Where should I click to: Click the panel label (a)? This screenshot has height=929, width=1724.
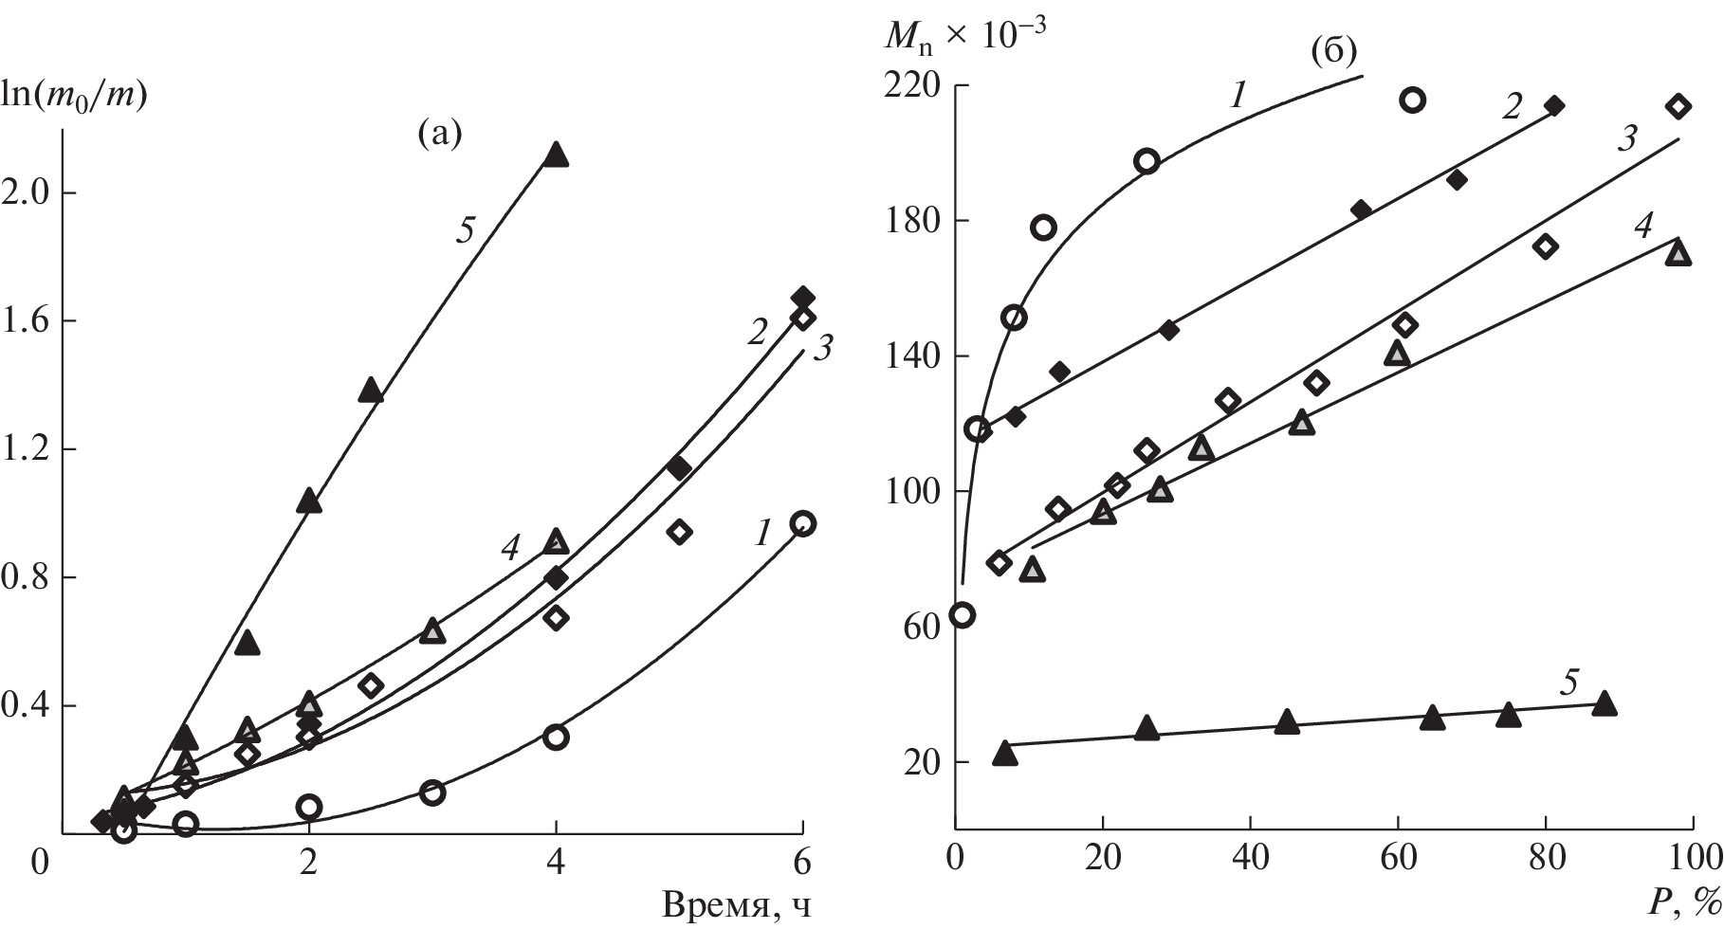click(x=439, y=135)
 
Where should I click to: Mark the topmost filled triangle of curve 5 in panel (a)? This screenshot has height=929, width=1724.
click(x=557, y=155)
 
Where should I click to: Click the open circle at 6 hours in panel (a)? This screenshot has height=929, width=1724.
click(x=803, y=523)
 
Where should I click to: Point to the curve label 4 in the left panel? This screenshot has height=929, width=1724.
click(x=510, y=547)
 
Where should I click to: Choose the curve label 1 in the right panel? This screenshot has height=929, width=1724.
click(x=1238, y=94)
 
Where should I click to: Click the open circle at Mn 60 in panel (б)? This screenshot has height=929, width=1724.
click(x=963, y=614)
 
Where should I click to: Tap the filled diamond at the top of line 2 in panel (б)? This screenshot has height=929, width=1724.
click(x=1553, y=105)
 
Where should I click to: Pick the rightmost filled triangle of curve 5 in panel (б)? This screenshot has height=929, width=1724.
click(x=1604, y=703)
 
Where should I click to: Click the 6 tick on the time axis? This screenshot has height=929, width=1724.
click(x=803, y=864)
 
